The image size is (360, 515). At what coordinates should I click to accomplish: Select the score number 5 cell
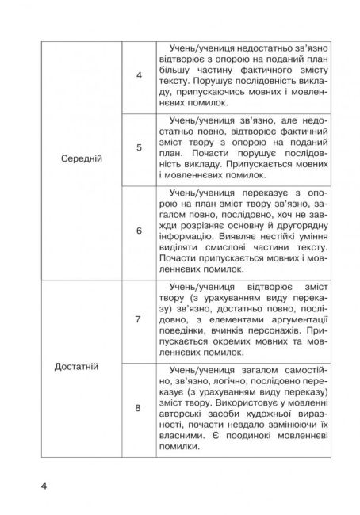[139, 147]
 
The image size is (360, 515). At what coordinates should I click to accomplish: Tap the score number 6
[139, 231]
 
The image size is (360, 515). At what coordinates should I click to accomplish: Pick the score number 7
[139, 319]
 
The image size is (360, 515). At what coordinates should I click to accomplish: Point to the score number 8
[139, 408]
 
